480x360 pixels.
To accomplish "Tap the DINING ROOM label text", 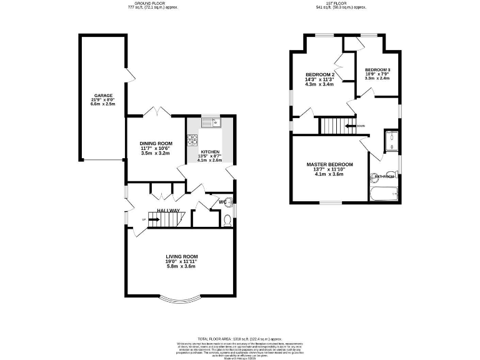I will [x=156, y=143].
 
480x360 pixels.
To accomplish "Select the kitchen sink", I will [x=212, y=122].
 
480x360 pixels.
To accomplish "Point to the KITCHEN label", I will [x=210, y=152].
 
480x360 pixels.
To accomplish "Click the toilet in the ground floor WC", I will [x=227, y=219].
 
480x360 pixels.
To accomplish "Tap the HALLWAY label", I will [x=168, y=210].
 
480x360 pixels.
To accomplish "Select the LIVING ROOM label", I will [x=181, y=256].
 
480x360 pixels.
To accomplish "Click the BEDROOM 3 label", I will [x=377, y=69].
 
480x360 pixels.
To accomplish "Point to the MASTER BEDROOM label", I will [x=329, y=164].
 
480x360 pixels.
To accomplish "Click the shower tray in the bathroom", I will [x=392, y=141].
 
